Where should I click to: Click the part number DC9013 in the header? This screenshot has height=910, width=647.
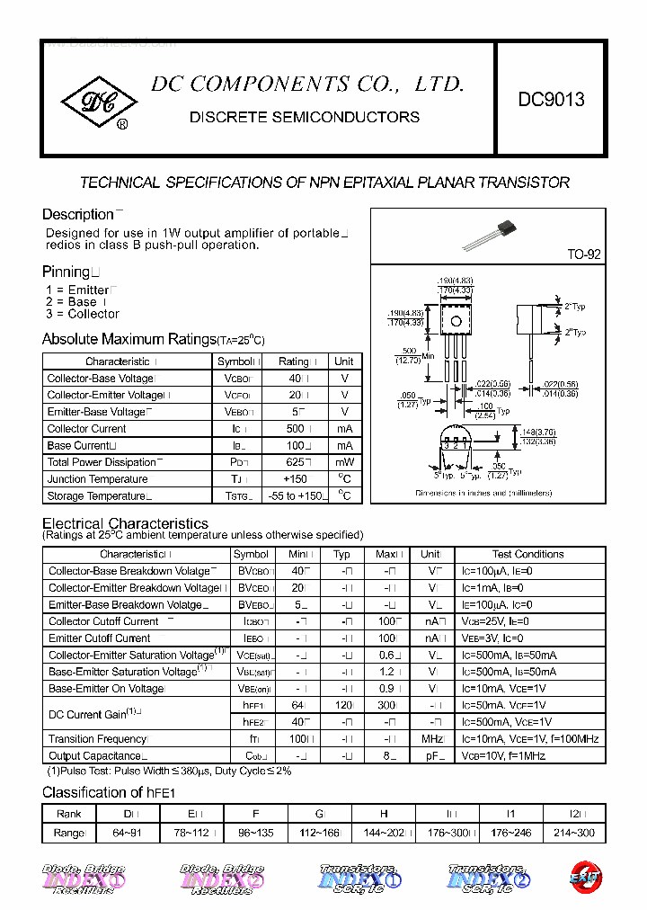551,100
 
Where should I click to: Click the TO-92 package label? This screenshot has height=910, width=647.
583,254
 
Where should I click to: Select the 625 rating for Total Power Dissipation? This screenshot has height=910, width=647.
294,462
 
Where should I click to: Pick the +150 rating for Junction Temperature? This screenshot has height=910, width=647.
294,479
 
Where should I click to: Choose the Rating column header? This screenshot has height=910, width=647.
294,361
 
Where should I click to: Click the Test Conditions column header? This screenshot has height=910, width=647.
528,554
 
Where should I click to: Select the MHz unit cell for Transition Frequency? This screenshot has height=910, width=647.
433,739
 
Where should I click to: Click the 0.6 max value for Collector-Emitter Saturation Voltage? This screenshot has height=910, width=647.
386,656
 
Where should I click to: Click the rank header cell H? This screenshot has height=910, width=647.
385,814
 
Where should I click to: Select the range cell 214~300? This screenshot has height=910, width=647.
574,833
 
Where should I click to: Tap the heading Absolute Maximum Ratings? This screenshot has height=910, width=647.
129,339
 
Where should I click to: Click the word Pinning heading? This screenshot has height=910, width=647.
66,272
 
